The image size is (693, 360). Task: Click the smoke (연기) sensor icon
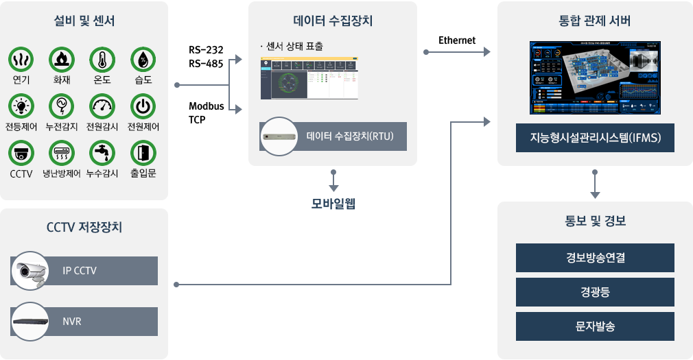(x=21, y=60)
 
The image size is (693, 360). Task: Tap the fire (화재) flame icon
(x=62, y=60)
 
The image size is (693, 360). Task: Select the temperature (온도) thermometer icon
(x=102, y=60)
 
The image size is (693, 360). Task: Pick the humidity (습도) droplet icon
(x=143, y=60)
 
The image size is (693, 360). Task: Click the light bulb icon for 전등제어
(x=21, y=106)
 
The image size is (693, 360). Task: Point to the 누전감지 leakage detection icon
(x=62, y=106)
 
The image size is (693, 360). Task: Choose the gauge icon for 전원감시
(x=102, y=106)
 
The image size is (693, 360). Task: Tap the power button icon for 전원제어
(x=143, y=106)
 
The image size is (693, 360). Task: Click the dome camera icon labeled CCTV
(x=21, y=153)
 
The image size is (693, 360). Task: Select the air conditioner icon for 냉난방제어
(x=62, y=153)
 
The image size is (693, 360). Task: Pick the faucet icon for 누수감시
(x=102, y=153)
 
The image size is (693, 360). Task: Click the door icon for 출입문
(x=143, y=153)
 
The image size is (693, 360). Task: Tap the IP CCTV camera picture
(x=30, y=272)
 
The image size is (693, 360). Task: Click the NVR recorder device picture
(x=30, y=322)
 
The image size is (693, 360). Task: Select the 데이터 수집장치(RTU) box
(x=333, y=136)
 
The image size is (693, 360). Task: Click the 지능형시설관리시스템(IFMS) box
(x=595, y=138)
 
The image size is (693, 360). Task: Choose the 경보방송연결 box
(x=595, y=258)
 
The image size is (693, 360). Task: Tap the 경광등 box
(x=595, y=292)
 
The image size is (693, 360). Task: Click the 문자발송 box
(x=595, y=326)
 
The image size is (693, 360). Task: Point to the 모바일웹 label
(x=333, y=204)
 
